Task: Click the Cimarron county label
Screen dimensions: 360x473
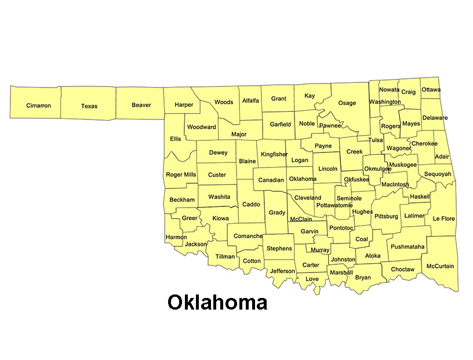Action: click(x=39, y=106)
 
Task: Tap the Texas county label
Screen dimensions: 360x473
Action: click(x=89, y=106)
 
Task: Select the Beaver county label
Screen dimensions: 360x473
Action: click(x=141, y=106)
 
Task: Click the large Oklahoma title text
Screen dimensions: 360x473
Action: click(x=217, y=302)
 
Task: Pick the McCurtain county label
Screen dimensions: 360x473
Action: click(x=440, y=267)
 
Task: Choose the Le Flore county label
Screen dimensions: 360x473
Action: click(x=443, y=219)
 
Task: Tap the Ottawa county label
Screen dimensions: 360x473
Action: click(x=431, y=90)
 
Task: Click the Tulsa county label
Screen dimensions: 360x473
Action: click(x=376, y=140)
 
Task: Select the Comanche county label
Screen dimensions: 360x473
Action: click(x=248, y=237)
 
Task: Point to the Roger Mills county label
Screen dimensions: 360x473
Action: click(x=181, y=174)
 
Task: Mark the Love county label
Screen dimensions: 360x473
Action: click(x=312, y=279)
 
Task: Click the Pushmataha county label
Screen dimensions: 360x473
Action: click(x=407, y=247)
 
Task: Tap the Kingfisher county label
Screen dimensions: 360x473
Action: click(x=274, y=155)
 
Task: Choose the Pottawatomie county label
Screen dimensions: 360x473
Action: click(x=334, y=205)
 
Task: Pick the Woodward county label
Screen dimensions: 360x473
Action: click(x=201, y=127)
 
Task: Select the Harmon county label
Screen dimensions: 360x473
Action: click(x=176, y=237)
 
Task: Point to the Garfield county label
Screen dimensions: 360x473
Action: click(x=281, y=124)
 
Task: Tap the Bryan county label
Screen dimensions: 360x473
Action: click(x=363, y=278)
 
